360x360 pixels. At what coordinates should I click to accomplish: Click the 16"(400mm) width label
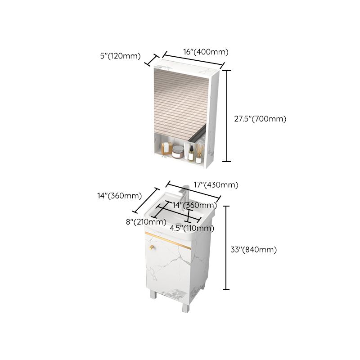coord(206,51)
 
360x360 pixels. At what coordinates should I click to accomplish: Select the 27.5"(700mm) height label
coord(260,119)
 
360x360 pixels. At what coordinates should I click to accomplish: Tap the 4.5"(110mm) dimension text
coord(192,228)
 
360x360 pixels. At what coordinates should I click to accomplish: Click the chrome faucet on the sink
coord(182,195)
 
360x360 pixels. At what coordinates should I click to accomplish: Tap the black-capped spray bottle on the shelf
coord(190,153)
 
